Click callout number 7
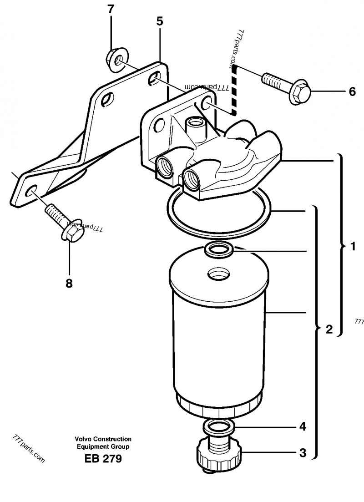point(111,9)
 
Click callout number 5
point(159,21)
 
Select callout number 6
point(352,91)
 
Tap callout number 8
point(69,284)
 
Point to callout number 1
point(352,247)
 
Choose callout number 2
point(329,329)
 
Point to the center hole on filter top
point(218,274)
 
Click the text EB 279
point(103,459)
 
